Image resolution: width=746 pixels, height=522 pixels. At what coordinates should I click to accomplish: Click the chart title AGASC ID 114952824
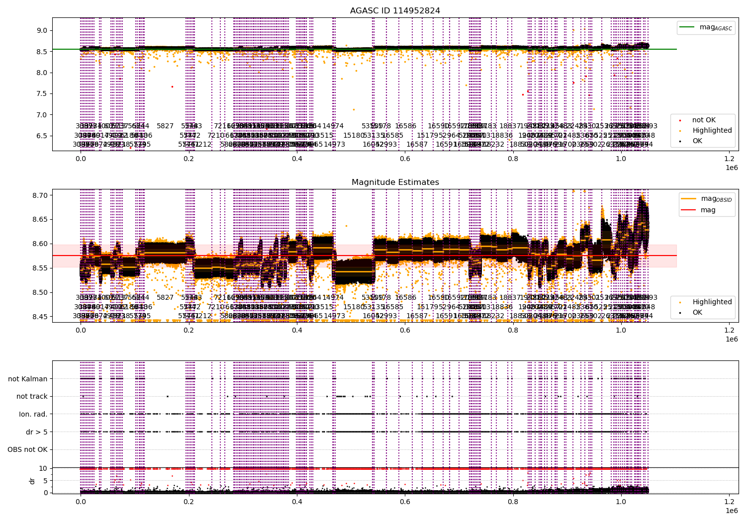[395, 10]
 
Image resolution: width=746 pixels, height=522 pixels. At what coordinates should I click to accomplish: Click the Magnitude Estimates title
[395, 182]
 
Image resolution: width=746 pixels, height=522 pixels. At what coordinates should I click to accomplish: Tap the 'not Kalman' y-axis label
[28, 379]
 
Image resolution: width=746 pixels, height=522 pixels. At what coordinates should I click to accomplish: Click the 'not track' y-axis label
[32, 396]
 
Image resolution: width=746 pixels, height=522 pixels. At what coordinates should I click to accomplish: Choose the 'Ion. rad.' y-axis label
[33, 414]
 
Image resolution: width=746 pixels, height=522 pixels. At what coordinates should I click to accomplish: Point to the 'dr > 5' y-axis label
[37, 432]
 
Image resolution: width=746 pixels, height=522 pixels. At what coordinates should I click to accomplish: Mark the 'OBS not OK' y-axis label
[27, 450]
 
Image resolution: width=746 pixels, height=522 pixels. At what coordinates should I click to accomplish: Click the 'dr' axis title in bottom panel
[32, 481]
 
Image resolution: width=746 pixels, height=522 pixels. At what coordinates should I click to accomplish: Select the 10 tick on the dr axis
[43, 468]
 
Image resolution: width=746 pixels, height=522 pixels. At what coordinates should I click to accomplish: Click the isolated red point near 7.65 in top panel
[172, 87]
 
